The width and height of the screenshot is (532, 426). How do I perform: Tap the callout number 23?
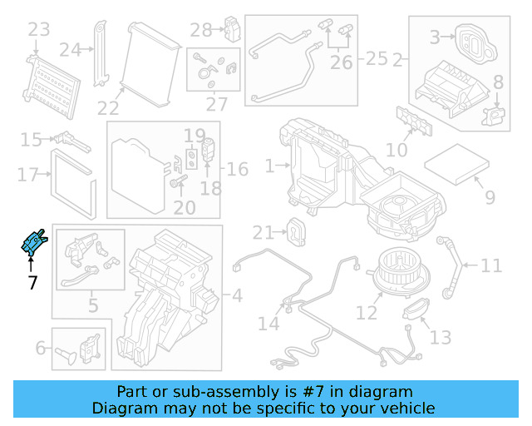[39, 31]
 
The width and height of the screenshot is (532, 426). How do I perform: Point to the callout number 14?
[268, 323]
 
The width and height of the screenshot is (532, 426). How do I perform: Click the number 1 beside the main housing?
[269, 167]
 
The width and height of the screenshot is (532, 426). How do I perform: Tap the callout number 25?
[377, 59]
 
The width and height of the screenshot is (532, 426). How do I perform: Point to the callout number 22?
[108, 108]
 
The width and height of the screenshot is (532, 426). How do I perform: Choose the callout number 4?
[237, 295]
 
